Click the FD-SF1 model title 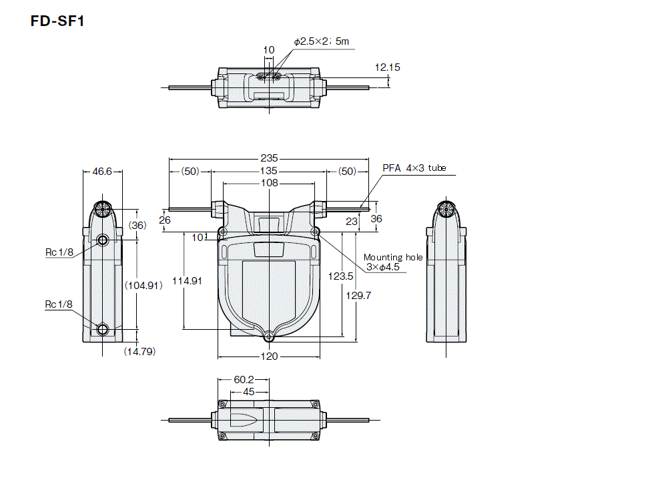pyautogui.click(x=57, y=21)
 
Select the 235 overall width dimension pyautogui.click(x=268, y=159)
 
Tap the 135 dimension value pyautogui.click(x=268, y=172)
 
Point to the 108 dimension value pyautogui.click(x=268, y=183)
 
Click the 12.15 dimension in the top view pyautogui.click(x=387, y=67)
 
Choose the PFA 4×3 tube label pyautogui.click(x=414, y=168)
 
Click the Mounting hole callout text pyautogui.click(x=393, y=257)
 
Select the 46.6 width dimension pyautogui.click(x=102, y=172)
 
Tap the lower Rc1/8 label pyautogui.click(x=59, y=304)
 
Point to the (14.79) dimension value pyautogui.click(x=139, y=351)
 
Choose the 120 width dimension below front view pyautogui.click(x=268, y=356)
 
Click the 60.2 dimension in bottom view pyautogui.click(x=244, y=379)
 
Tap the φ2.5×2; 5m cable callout pyautogui.click(x=321, y=41)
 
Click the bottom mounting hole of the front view pyautogui.click(x=268, y=337)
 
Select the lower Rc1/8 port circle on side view pyautogui.click(x=102, y=329)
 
